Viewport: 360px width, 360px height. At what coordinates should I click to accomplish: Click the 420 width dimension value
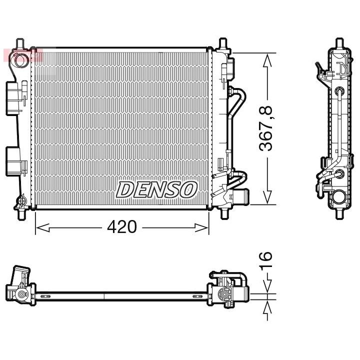(122, 227)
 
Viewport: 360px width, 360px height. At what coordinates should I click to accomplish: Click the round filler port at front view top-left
(20, 60)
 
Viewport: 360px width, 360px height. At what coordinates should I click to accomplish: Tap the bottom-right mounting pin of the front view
(223, 212)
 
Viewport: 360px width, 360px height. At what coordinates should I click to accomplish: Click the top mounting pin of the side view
(339, 43)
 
